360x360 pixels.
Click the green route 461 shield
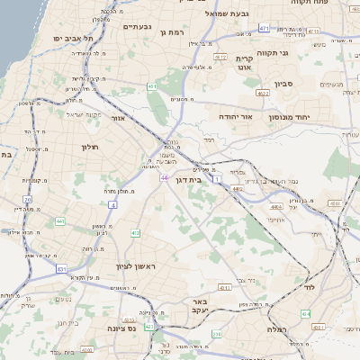coord(152,86)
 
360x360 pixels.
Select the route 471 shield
coord(264,29)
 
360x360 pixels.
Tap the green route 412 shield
coord(135,233)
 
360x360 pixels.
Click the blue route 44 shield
coord(165,177)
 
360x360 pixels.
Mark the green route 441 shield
coord(59,220)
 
